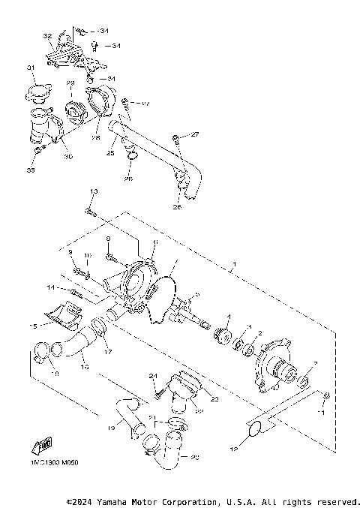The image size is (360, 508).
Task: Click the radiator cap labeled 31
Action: [35, 94]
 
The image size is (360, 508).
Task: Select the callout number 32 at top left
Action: [47, 36]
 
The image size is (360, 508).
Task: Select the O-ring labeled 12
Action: [254, 430]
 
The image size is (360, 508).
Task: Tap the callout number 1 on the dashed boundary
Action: [234, 265]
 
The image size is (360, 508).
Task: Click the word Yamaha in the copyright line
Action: [110, 500]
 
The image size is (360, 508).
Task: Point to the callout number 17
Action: [107, 350]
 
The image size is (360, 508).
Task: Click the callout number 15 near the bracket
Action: [32, 326]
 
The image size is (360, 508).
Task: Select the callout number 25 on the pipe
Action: [110, 152]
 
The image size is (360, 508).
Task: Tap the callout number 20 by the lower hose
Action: [196, 456]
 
